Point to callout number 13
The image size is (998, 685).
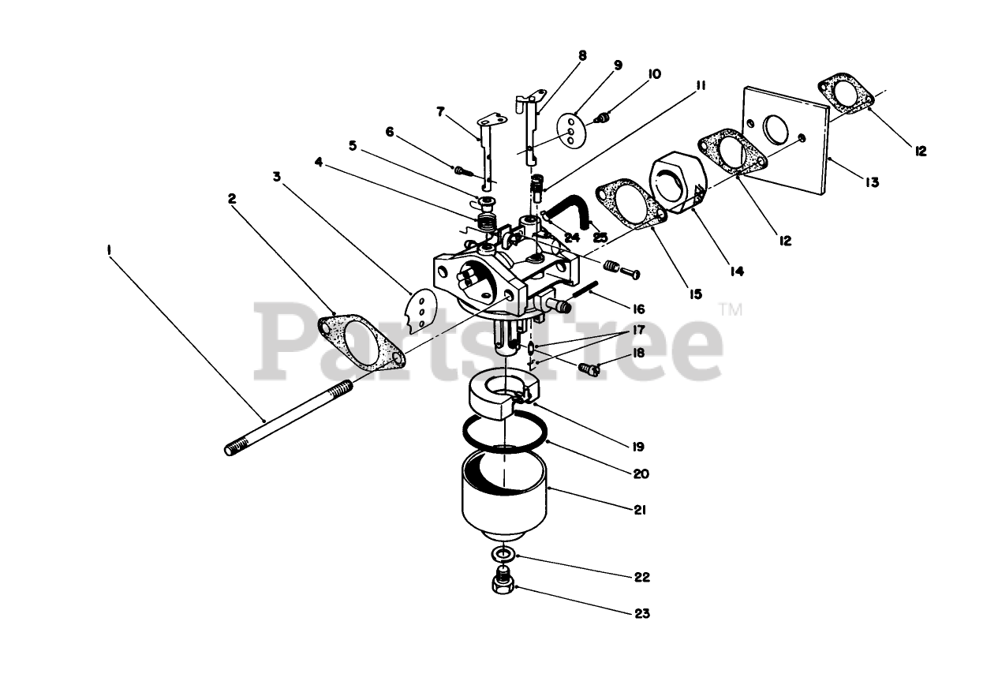870,182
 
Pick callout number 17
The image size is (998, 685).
637,329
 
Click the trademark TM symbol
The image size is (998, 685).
731,310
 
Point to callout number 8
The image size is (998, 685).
582,56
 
